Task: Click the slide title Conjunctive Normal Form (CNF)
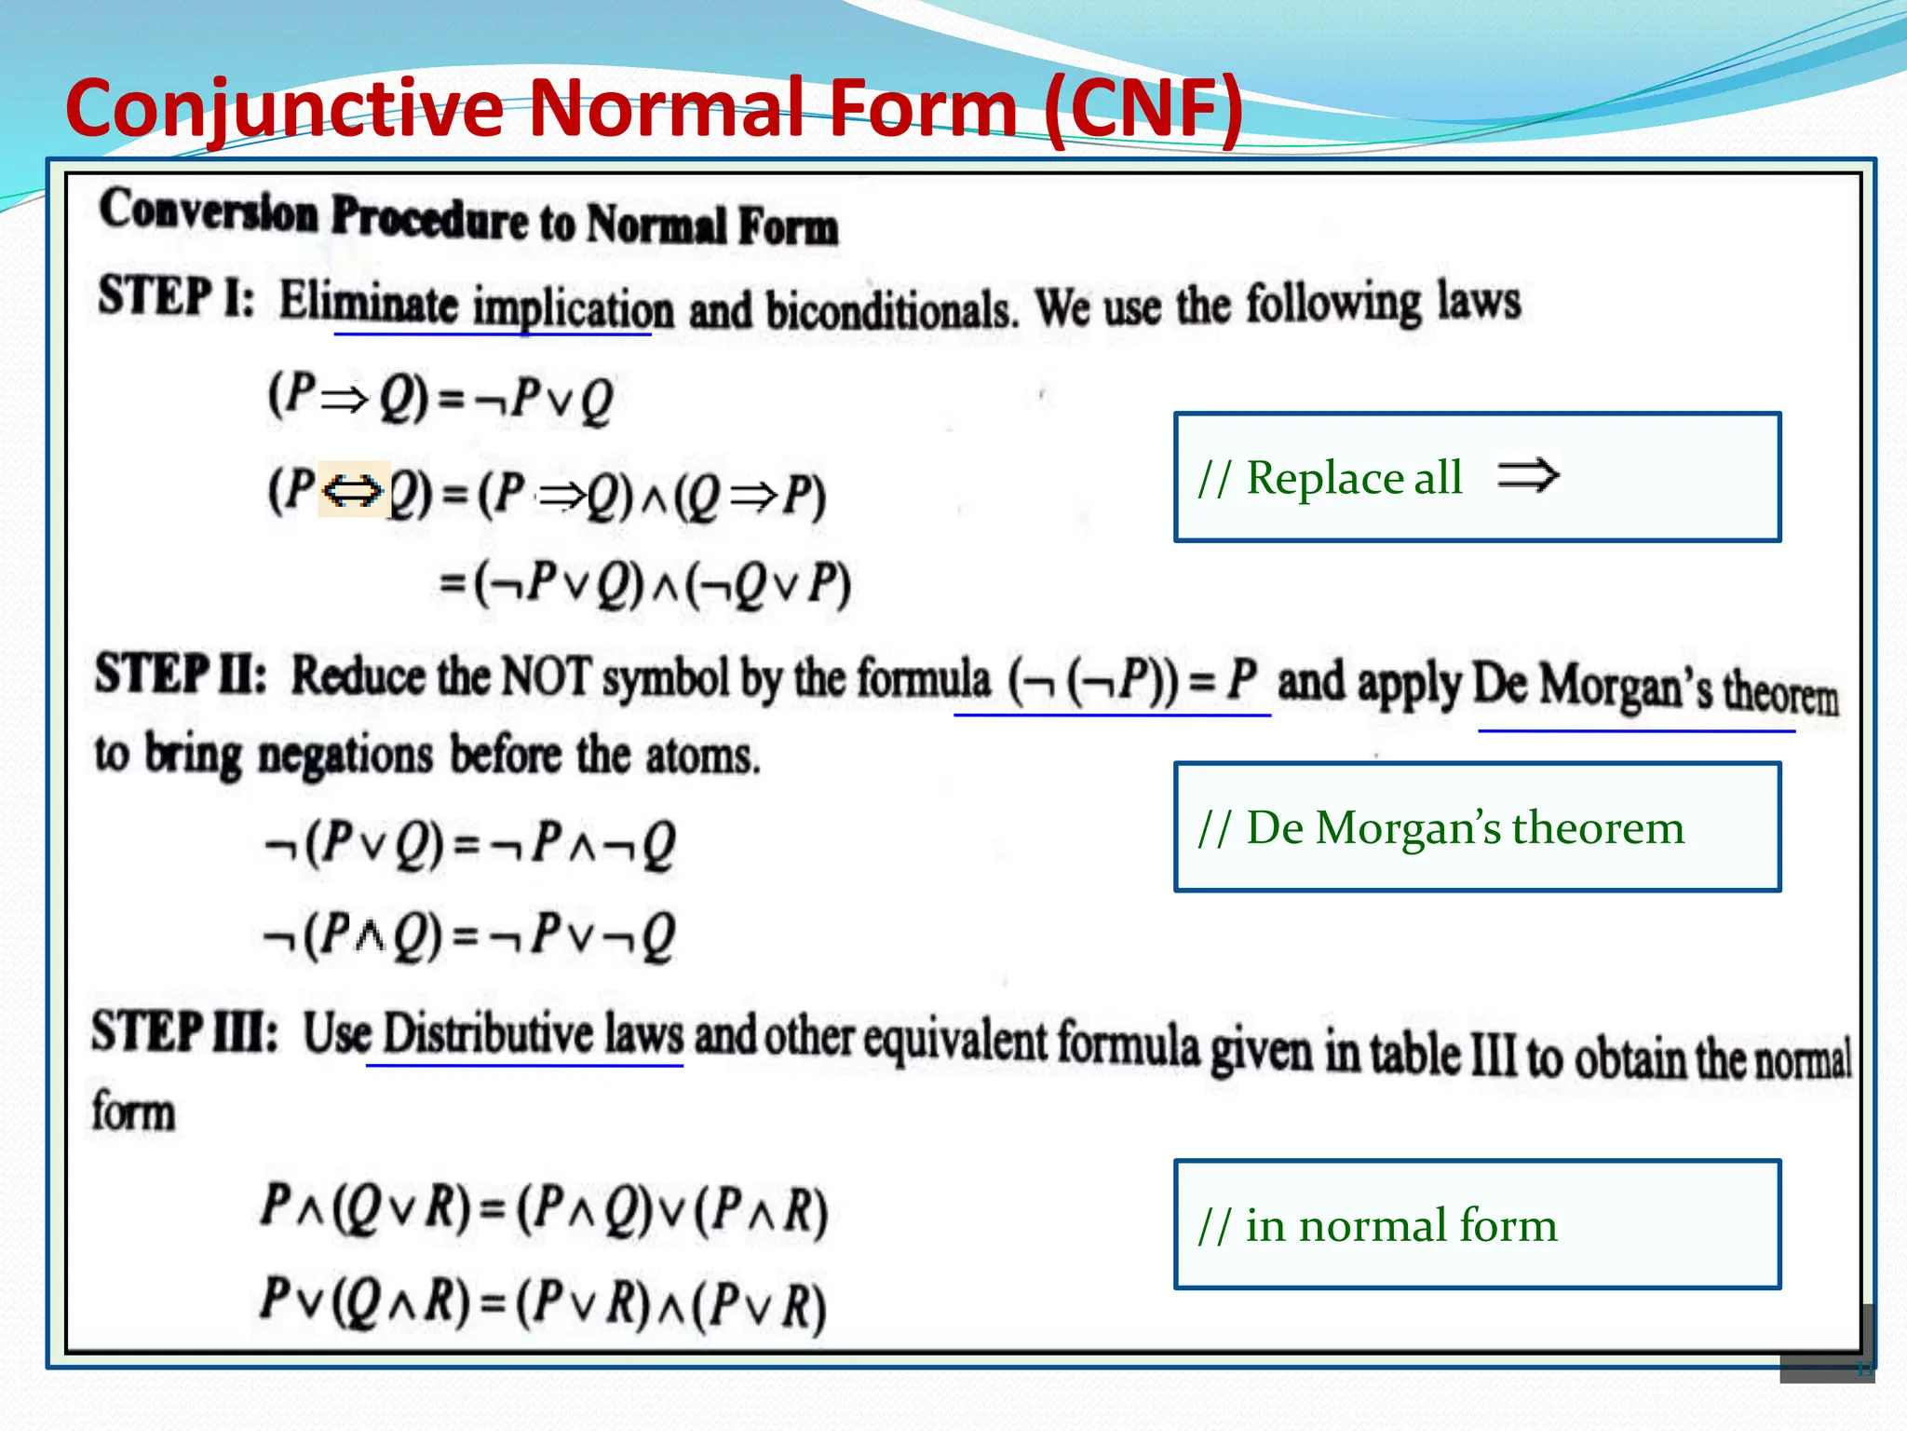tap(654, 108)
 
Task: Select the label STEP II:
tap(181, 674)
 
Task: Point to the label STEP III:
tap(184, 1032)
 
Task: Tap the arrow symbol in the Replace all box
tap(1527, 475)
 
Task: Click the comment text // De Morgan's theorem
tap(1441, 827)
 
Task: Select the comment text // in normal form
tap(1378, 1225)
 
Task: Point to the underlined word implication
tap(573, 308)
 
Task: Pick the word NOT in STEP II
tap(546, 675)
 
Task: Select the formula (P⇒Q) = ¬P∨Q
tap(440, 398)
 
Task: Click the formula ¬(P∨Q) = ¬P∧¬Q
tap(470, 844)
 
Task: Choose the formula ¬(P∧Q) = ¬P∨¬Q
tap(470, 934)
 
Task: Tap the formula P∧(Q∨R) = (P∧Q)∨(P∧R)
tap(545, 1208)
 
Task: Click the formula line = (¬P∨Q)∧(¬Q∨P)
tap(644, 585)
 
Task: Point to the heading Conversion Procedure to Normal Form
tap(468, 219)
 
